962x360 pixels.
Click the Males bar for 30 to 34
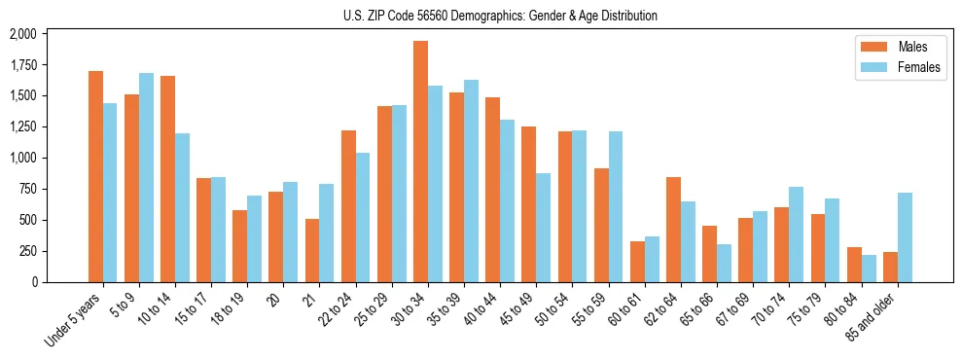click(x=420, y=162)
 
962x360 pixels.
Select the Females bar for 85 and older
click(x=905, y=237)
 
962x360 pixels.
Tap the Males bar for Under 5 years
click(x=95, y=176)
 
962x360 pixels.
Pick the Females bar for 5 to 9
click(x=146, y=177)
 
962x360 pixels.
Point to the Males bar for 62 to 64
click(x=673, y=230)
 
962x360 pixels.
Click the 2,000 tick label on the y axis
click(x=22, y=34)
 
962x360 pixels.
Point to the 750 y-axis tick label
click(x=27, y=189)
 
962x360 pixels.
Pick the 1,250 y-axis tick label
click(x=22, y=126)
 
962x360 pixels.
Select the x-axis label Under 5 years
click(x=73, y=321)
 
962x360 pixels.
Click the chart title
click(x=500, y=16)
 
